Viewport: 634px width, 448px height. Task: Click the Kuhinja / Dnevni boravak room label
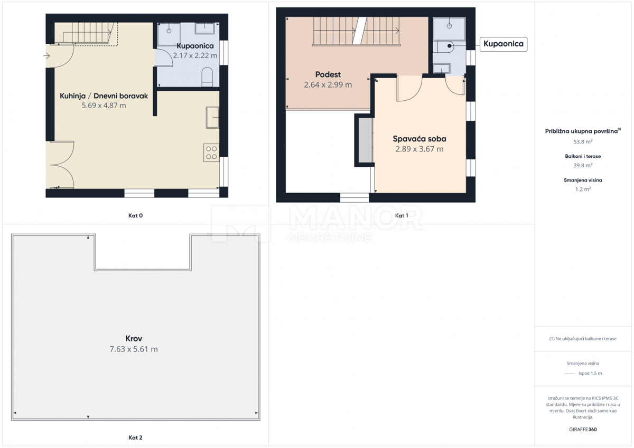104,96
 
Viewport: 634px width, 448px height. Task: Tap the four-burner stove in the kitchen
211,153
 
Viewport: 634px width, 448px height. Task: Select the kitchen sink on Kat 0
212,117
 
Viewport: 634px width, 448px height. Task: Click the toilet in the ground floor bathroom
207,77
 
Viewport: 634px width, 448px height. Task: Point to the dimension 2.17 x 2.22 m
195,55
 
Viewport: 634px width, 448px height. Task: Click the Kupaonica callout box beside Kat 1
503,44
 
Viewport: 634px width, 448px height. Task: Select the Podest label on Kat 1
328,74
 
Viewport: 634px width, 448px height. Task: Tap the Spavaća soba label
419,139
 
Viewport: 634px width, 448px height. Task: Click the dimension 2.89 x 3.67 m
419,149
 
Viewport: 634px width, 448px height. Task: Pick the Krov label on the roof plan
134,339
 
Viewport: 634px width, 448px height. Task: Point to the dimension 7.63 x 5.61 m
134,349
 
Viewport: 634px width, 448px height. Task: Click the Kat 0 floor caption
136,215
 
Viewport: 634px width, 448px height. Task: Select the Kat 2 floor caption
135,437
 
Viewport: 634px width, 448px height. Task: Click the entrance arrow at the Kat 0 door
48,54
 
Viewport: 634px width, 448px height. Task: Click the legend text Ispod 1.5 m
590,373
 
